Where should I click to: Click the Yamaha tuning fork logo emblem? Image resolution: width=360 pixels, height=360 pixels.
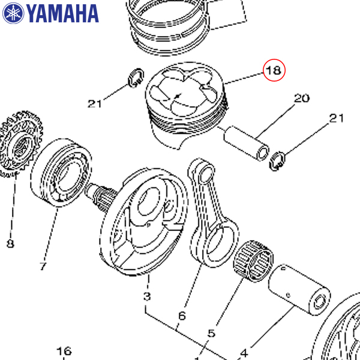[13, 13]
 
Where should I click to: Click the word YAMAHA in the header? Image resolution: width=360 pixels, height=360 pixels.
[62, 13]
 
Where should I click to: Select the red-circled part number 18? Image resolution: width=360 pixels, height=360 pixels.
[273, 71]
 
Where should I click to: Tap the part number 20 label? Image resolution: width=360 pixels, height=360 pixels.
[301, 99]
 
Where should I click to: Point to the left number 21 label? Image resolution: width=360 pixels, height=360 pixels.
[94, 104]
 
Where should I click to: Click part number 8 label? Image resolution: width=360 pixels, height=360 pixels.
[10, 244]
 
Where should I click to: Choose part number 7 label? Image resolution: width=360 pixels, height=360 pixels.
[43, 266]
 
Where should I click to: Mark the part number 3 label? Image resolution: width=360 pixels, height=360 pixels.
[147, 297]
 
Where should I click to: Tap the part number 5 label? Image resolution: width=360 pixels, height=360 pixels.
[211, 334]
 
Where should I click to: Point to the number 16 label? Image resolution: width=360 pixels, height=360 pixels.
[64, 351]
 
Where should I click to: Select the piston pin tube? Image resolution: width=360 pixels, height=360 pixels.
[247, 143]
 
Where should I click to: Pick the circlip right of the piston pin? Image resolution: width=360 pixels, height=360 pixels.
[278, 160]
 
